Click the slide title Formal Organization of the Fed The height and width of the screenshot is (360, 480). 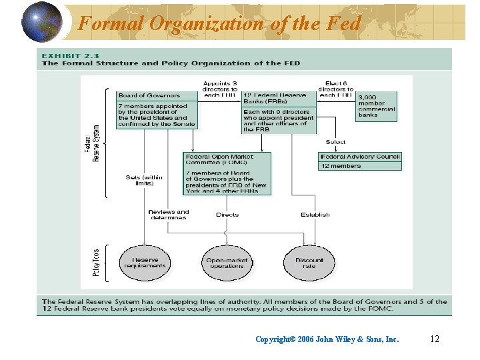click(219, 23)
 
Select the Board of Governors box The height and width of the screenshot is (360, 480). click(157, 109)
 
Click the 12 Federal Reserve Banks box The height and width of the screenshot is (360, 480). click(278, 112)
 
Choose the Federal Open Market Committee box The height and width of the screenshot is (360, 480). click(227, 173)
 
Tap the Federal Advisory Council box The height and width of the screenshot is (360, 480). click(360, 161)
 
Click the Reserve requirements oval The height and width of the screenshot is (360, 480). click(145, 263)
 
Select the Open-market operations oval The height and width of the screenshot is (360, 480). click(227, 263)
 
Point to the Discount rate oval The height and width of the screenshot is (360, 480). click(309, 263)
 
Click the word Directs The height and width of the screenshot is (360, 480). click(227, 215)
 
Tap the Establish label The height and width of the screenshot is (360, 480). click(315, 215)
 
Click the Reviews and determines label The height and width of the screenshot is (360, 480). click(168, 215)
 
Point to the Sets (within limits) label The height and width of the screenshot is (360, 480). click(144, 180)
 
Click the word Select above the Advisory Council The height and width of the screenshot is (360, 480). click(335, 142)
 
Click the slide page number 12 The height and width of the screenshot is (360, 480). click(435, 339)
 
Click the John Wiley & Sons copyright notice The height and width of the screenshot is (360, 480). click(327, 339)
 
